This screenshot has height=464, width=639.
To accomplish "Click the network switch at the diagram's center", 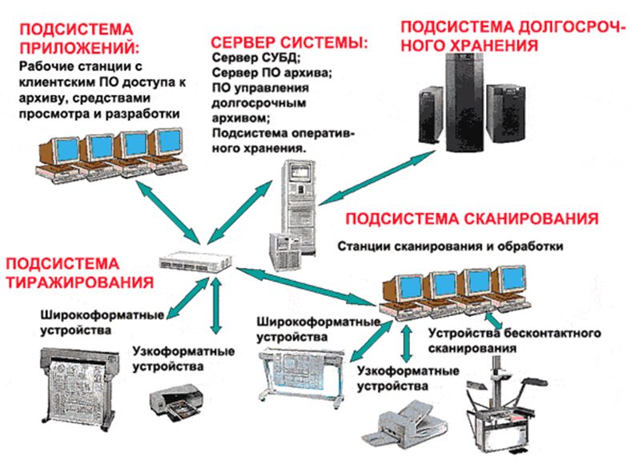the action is pos(195,262).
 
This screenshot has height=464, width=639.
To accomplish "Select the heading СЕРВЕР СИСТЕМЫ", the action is pos(289,42).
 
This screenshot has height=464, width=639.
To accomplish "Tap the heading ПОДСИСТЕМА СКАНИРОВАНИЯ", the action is pos(472,219).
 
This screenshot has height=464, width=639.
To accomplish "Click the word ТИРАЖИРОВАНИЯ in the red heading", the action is pos(80,282).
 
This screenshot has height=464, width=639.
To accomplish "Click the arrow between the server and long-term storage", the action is pos(377,178).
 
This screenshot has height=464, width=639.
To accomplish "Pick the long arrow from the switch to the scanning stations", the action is pos(307,286).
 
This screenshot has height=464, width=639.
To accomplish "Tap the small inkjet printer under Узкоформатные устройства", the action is pos(176,403).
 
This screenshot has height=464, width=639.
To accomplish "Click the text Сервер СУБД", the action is pos(256,58).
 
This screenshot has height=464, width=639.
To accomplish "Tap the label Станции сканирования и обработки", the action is pos(450,246).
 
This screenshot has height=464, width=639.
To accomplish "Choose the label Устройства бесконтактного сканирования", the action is pos(514,340).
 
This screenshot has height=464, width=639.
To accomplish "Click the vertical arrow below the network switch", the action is pos(216,306).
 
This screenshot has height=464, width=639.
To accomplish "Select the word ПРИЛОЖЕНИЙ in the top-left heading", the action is pos(79,48).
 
